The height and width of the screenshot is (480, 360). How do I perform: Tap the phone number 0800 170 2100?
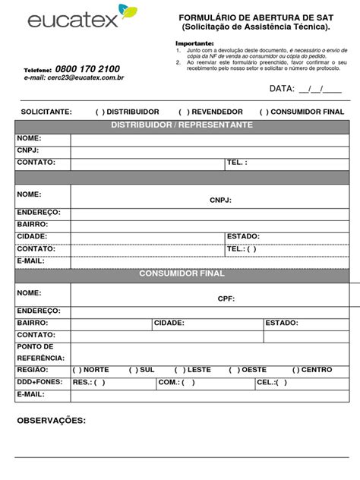[87, 69]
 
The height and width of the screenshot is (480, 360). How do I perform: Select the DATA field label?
[281, 89]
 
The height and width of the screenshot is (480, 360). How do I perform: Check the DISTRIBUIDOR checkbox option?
[99, 112]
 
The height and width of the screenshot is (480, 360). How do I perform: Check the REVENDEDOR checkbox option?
[182, 112]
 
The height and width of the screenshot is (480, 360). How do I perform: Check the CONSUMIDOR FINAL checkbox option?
[264, 112]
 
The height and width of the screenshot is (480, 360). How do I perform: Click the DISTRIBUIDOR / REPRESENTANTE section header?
[182, 125]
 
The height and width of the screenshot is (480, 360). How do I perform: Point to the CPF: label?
[226, 298]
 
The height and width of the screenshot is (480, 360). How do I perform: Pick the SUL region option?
[133, 370]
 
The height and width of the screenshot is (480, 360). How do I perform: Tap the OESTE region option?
[233, 370]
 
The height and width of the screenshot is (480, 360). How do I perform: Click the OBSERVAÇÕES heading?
[52, 420]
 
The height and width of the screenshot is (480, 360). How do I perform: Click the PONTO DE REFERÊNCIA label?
[40, 352]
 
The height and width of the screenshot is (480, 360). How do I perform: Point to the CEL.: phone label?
[267, 382]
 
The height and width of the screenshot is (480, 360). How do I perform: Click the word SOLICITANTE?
[46, 112]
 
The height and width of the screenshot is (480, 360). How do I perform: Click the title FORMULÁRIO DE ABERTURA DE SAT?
[255, 17]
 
